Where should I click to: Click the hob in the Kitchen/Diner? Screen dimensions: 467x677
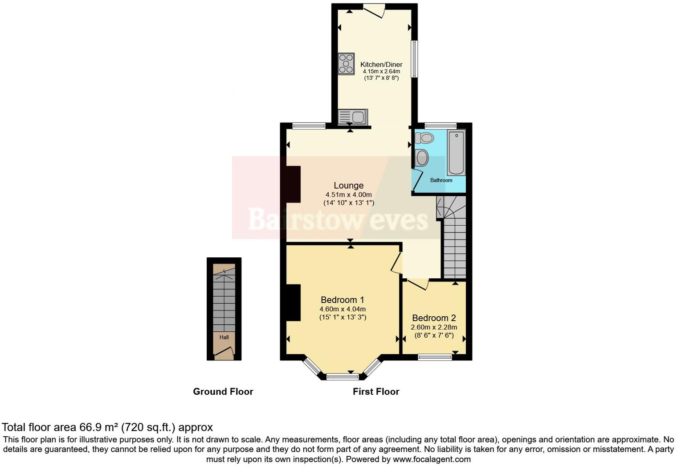click(346, 63)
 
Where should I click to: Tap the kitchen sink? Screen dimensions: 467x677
click(352, 117)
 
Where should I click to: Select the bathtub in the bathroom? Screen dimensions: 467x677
click(456, 153)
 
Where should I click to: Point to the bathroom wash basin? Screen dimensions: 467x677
click(421, 157)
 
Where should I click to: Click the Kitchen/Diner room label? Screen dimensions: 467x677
click(381, 64)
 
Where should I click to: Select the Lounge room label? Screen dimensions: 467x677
click(349, 186)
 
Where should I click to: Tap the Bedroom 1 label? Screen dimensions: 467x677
click(342, 300)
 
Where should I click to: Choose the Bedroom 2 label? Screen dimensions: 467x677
click(434, 318)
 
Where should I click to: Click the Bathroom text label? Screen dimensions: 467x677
click(441, 180)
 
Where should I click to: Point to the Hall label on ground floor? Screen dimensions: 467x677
click(224, 337)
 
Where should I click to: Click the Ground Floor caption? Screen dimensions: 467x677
click(223, 392)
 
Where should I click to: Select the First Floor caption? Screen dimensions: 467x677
click(376, 392)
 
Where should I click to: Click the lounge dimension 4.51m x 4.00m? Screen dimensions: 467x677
click(349, 194)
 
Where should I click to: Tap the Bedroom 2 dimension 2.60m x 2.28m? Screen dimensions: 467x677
click(434, 327)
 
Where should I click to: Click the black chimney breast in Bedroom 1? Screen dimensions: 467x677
click(294, 302)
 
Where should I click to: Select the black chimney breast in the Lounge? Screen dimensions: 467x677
click(294, 184)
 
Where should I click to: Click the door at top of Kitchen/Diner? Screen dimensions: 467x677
click(374, 10)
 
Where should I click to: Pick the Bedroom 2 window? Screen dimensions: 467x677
click(435, 356)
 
